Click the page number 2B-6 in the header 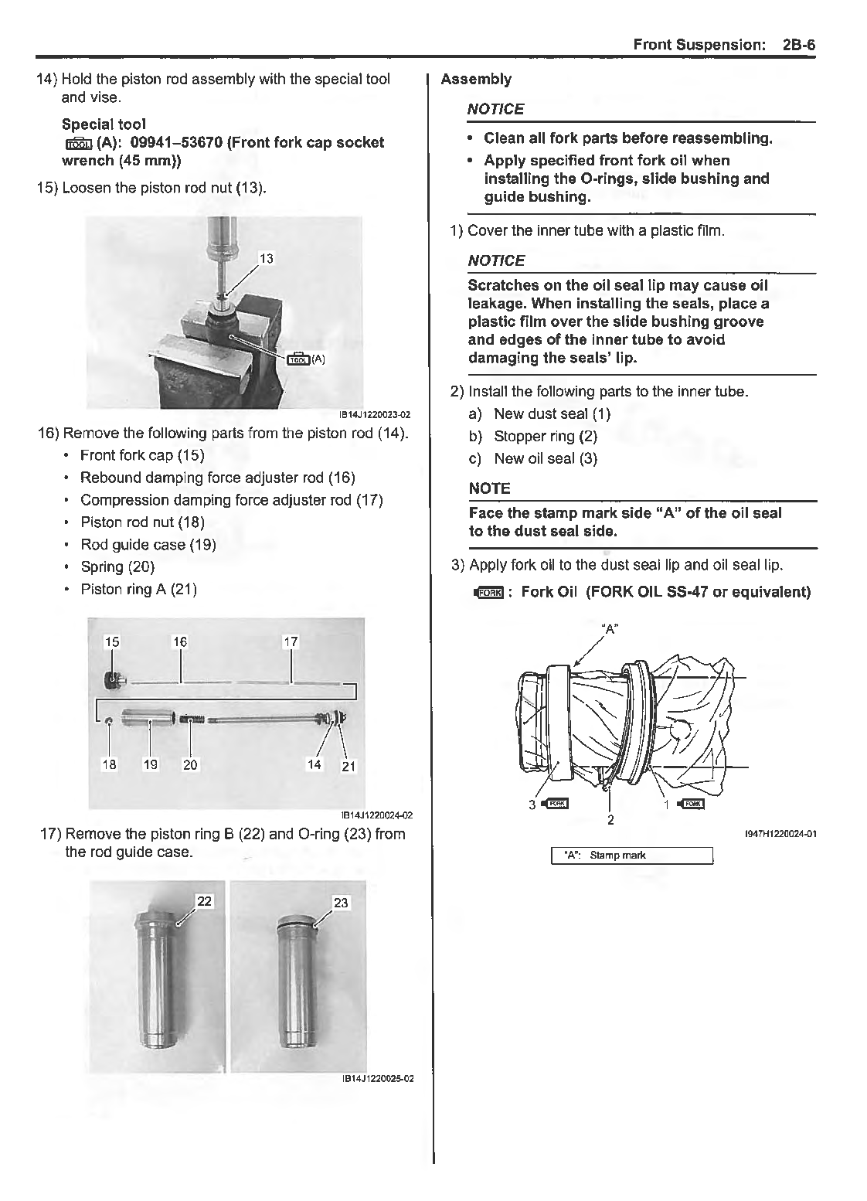coord(798,45)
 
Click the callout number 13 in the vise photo coord(266,258)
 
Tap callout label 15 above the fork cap coord(112,641)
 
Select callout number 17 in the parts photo coord(291,641)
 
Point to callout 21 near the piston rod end coord(348,766)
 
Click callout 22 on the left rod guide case coord(204,901)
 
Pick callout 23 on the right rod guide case coord(341,902)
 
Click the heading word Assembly coord(476,79)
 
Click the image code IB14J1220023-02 coord(374,415)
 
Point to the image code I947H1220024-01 coord(780,833)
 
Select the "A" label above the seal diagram coord(610,629)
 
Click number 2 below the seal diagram coord(610,819)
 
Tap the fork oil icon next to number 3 coord(556,804)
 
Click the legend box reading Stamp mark coord(631,855)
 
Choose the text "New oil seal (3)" coord(546,458)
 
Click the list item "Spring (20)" coord(117,566)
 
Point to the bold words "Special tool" coord(104,124)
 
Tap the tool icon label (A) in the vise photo coord(306,359)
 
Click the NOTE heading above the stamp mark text coord(489,488)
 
